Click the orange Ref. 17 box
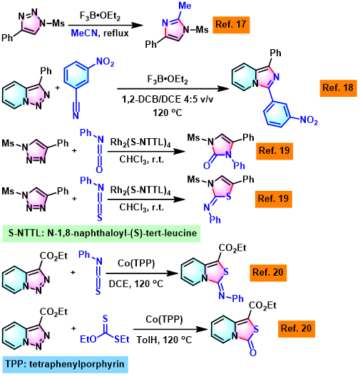(x=231, y=25)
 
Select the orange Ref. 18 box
(x=338, y=88)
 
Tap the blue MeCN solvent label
(x=84, y=33)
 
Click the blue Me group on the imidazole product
(x=185, y=5)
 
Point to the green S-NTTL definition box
(x=101, y=234)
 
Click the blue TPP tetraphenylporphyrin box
(x=66, y=365)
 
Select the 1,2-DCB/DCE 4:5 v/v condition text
(x=168, y=99)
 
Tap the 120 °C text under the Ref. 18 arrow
(x=168, y=113)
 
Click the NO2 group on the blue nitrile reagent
(x=105, y=62)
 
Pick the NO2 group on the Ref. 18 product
(x=309, y=120)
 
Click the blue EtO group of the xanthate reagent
(x=88, y=339)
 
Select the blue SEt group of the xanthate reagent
(x=122, y=339)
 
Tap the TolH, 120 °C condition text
(x=165, y=340)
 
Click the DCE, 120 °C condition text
(x=136, y=284)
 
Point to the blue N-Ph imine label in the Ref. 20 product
(x=232, y=298)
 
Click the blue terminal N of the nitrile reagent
(x=76, y=116)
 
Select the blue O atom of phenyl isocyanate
(x=99, y=169)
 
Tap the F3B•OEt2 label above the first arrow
(x=100, y=16)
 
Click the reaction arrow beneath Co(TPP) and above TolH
(x=170, y=329)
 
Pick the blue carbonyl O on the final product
(x=253, y=352)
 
